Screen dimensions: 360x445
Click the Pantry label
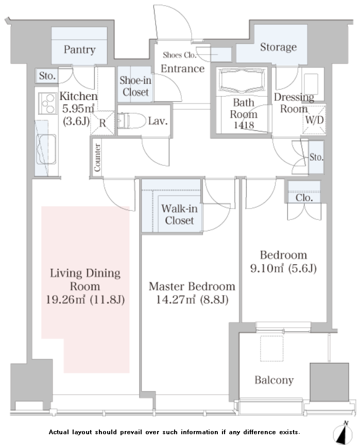[x=79, y=49]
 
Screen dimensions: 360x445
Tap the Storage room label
[x=278, y=47]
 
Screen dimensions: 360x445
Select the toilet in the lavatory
[x=131, y=121]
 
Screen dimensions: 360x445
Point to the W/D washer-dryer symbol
[x=314, y=120]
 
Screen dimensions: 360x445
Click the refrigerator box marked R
[x=102, y=123]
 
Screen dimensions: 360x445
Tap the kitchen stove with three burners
[x=47, y=104]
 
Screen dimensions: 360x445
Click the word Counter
[x=97, y=158]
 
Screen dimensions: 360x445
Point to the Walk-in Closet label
[x=179, y=215]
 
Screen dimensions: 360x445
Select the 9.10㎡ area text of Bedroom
[x=267, y=268]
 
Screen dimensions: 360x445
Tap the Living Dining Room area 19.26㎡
[x=66, y=300]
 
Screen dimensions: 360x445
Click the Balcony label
[x=274, y=380]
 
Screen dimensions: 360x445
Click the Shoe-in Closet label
[x=135, y=87]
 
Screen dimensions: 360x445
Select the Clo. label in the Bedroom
[x=304, y=198]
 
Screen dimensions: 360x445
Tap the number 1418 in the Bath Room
[x=244, y=125]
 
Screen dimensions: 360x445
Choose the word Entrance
[x=183, y=69]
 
